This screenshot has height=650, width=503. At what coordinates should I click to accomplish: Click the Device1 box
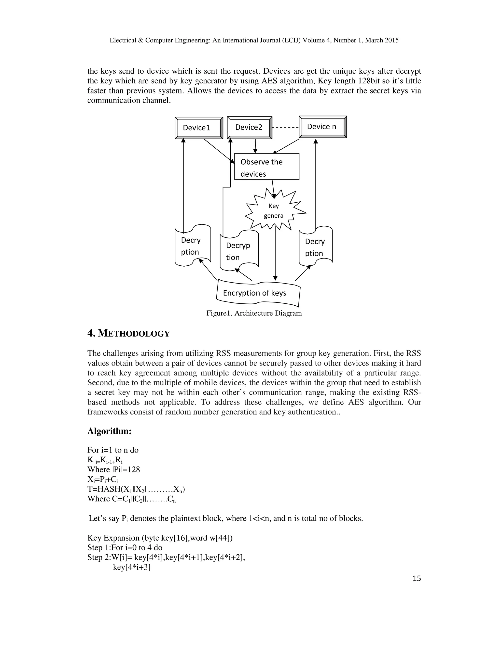tap(199, 128)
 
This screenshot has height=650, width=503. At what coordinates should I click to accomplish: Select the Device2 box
tap(250, 127)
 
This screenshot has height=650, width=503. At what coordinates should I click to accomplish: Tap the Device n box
tap(322, 127)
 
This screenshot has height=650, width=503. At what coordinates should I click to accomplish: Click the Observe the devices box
tap(266, 167)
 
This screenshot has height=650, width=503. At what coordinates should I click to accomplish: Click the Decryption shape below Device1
tap(193, 246)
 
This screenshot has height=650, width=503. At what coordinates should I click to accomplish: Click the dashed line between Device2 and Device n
tap(285, 127)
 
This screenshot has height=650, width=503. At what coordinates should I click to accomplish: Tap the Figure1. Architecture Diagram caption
tap(254, 313)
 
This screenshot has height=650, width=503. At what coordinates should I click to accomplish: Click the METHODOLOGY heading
tap(128, 333)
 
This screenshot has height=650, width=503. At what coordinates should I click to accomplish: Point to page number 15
tap(417, 578)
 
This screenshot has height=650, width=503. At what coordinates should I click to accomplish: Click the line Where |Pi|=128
tap(113, 470)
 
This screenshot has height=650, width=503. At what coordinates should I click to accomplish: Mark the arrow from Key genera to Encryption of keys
tap(275, 253)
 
